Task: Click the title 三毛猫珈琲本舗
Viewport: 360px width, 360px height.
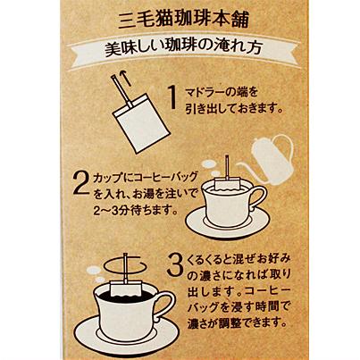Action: coord(184,20)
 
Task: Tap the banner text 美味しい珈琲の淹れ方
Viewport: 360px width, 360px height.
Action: coord(184,49)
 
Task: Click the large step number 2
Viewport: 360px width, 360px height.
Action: coord(81,184)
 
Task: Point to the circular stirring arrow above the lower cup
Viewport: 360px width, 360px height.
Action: coord(125,264)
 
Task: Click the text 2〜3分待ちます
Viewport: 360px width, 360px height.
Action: coord(133,211)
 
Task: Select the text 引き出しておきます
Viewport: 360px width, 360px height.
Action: coord(234,109)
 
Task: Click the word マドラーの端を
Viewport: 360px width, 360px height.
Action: coord(222,92)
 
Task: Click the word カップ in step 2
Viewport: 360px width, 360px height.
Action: coord(108,179)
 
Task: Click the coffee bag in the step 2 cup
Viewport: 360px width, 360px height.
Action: coord(227,184)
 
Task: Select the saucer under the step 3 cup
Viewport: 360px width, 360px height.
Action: coord(127,330)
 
